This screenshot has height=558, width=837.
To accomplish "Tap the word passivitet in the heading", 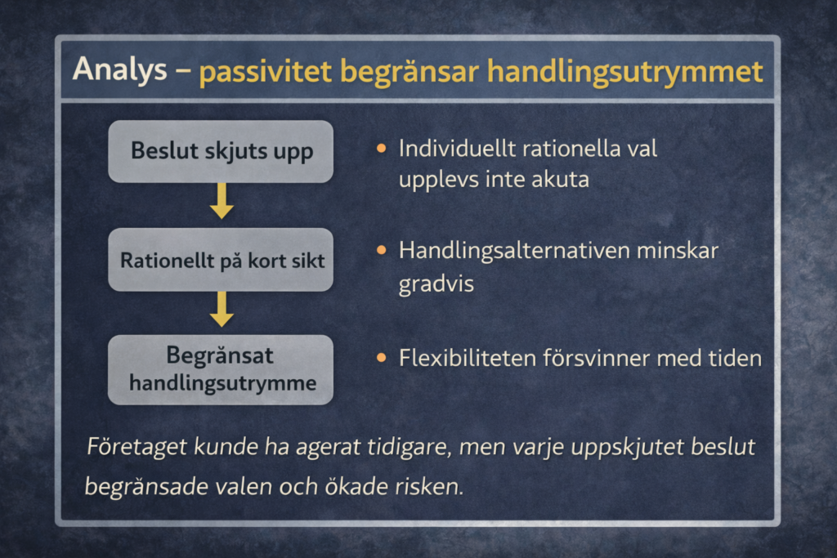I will [x=266, y=71].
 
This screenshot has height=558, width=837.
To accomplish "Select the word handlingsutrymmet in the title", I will [x=624, y=71].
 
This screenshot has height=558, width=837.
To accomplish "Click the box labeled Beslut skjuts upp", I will [x=221, y=151].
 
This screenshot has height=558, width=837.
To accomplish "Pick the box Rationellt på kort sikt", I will [x=221, y=261].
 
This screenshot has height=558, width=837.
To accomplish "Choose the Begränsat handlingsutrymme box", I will [x=221, y=369].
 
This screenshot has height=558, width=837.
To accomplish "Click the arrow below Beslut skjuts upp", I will [x=222, y=201].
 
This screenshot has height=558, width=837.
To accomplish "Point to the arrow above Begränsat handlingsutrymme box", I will [x=222, y=310].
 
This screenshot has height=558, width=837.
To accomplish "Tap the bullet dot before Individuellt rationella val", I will [x=381, y=149].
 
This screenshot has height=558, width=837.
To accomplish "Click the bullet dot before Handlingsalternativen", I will [x=381, y=250].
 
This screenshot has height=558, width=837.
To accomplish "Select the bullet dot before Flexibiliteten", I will [x=381, y=358].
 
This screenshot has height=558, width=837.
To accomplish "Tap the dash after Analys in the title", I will [x=182, y=70].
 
